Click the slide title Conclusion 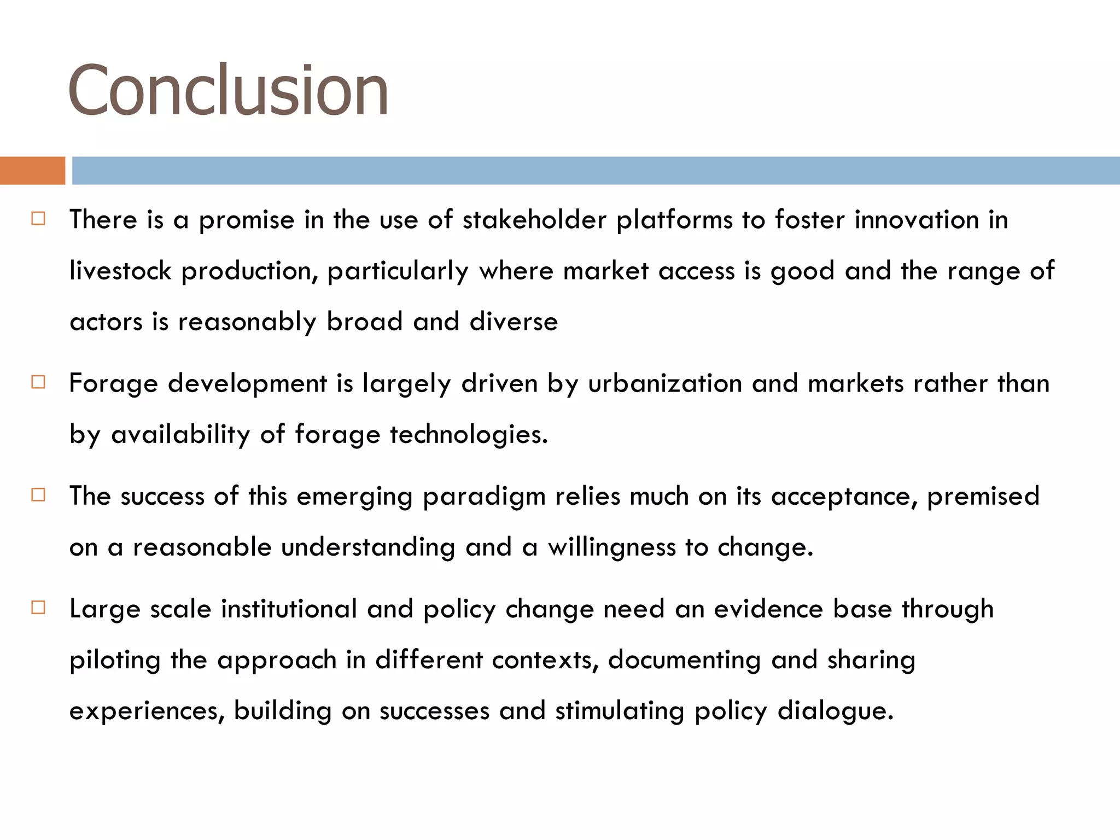(x=228, y=90)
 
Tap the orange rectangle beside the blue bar (x=32, y=171)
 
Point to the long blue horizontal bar (x=596, y=171)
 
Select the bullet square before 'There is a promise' (x=38, y=219)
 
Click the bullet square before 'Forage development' (x=38, y=382)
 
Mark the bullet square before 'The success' (x=38, y=495)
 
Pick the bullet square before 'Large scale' (x=38, y=608)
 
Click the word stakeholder (x=534, y=220)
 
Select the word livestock (x=120, y=271)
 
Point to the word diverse (x=514, y=322)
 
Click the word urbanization (x=664, y=383)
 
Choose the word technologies (x=468, y=435)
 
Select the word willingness (x=612, y=548)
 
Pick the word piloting (x=115, y=661)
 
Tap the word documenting (x=684, y=661)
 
